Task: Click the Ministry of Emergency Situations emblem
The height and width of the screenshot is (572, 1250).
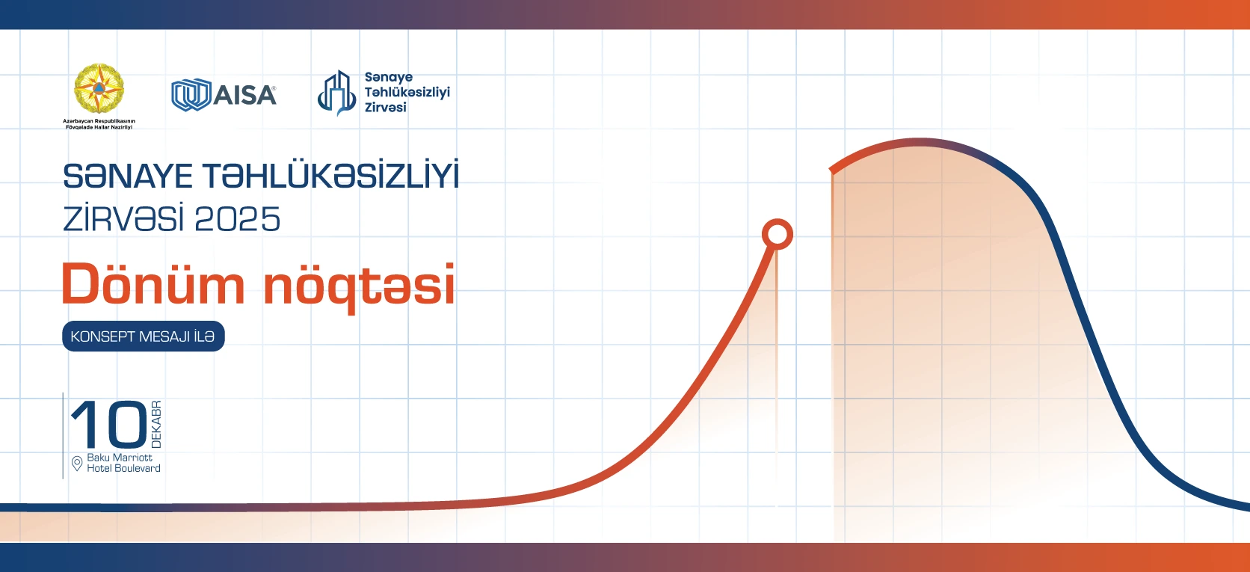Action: [99, 89]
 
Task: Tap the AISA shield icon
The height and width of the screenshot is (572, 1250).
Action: [190, 96]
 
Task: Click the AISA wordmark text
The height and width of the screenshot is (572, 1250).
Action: [245, 96]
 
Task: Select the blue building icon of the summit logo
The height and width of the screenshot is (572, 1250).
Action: [336, 93]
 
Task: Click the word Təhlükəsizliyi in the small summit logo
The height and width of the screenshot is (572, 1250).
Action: [407, 92]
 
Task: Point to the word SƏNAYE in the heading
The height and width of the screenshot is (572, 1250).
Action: [128, 177]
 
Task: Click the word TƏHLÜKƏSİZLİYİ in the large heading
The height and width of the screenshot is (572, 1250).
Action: [330, 176]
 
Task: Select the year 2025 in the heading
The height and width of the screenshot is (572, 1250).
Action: [237, 220]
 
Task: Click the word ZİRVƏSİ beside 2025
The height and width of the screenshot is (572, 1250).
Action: [123, 220]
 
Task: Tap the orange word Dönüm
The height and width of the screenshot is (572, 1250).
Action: [153, 285]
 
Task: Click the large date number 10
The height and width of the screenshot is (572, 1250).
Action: [109, 425]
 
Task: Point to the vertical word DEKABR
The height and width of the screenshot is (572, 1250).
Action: [156, 425]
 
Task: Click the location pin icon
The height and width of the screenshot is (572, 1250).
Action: [76, 464]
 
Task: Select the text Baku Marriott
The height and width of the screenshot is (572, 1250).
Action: [120, 458]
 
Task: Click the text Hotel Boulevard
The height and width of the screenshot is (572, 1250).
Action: [123, 469]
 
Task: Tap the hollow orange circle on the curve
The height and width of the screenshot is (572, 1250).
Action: [777, 234]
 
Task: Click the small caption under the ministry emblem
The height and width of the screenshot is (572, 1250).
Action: [99, 124]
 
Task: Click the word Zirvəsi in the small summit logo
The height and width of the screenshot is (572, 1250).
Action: [385, 108]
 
